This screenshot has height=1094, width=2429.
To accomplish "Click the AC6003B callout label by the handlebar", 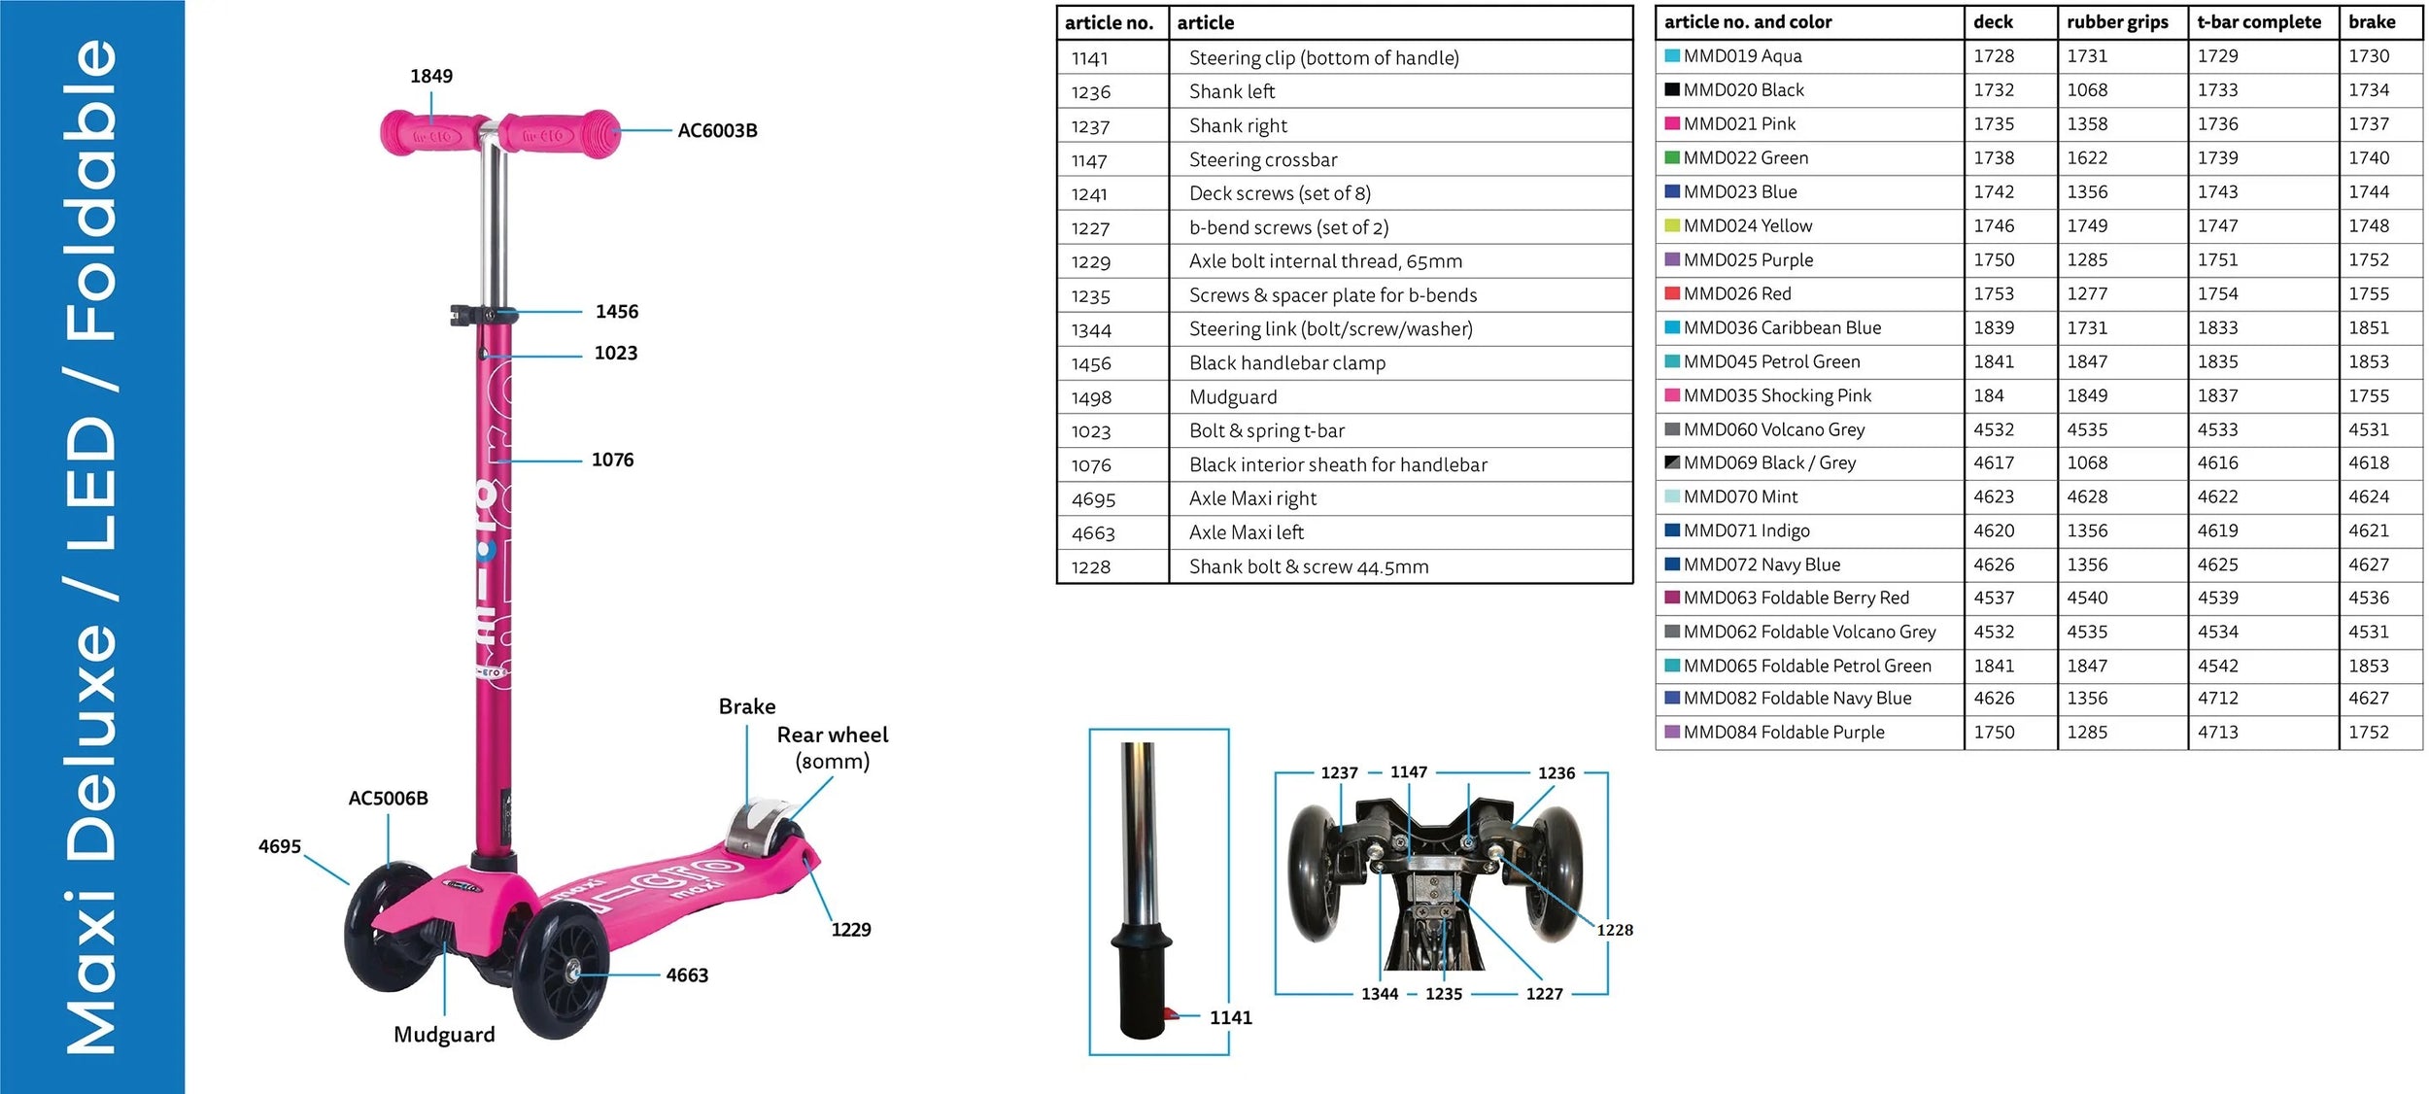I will point(717,130).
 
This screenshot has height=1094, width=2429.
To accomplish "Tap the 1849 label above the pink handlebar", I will point(430,76).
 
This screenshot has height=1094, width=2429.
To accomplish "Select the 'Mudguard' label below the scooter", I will point(444,1035).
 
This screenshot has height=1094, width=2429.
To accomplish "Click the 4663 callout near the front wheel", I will point(687,974).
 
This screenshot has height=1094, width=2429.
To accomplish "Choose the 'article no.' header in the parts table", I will point(1109,22).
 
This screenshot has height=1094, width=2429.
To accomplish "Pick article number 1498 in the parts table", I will point(1091,397).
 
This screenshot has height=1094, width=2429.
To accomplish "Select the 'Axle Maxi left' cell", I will point(1247,532).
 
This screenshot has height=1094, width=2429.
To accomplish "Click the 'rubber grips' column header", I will point(2117,21).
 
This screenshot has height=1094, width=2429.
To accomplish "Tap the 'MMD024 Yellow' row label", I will point(1747,225).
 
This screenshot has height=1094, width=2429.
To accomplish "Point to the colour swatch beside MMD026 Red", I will point(1672,293).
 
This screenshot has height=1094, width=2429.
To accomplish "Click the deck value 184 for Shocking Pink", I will point(1988,395).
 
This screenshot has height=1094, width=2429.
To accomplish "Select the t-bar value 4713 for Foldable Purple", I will point(2217,732).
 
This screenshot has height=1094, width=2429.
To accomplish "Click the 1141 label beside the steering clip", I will point(1230,1017).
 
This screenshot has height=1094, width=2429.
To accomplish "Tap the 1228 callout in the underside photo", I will point(1614,930).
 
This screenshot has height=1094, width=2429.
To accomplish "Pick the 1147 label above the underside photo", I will point(1408,771).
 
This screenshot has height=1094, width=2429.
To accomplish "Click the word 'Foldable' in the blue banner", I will point(92,189).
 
